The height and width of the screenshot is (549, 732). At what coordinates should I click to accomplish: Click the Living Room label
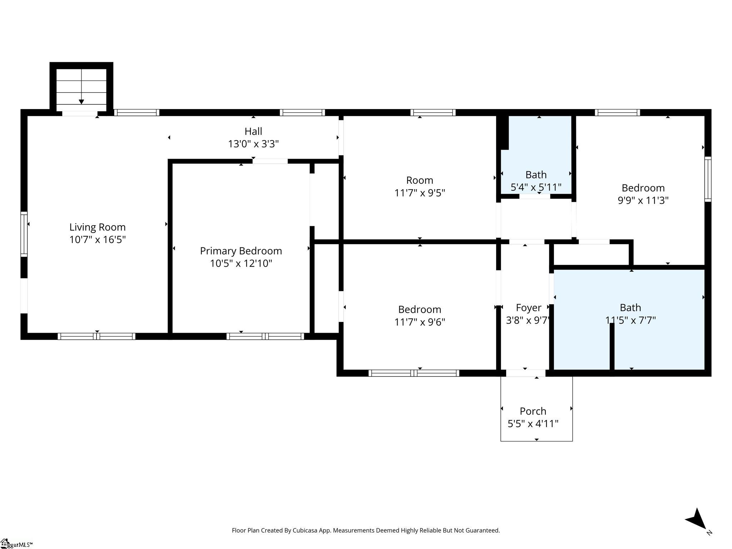[x=98, y=227]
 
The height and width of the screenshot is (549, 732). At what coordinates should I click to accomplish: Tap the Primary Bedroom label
[x=241, y=251]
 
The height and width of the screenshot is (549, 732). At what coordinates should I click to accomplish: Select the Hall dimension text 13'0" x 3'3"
[x=253, y=144]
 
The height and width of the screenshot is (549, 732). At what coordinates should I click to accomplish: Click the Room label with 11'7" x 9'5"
[x=420, y=180]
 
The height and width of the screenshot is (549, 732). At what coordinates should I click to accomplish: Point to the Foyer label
[x=529, y=308]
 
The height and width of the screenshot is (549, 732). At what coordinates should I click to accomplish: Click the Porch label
[x=533, y=411]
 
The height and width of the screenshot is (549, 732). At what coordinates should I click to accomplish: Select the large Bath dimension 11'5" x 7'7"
[x=630, y=320]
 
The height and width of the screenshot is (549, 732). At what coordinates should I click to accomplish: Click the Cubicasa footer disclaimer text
[x=366, y=530]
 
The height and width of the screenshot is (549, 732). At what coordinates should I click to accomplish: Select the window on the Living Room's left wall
[x=24, y=234]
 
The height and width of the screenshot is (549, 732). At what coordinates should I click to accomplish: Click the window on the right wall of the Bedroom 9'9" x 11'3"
[x=708, y=179]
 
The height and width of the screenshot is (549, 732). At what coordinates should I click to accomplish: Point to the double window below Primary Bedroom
[x=265, y=336]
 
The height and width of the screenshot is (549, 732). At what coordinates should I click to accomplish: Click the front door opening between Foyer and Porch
[x=526, y=373]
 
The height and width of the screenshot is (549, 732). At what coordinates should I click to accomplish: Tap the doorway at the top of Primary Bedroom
[x=270, y=161]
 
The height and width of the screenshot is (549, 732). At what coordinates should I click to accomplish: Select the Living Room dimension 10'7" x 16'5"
[x=98, y=239]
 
